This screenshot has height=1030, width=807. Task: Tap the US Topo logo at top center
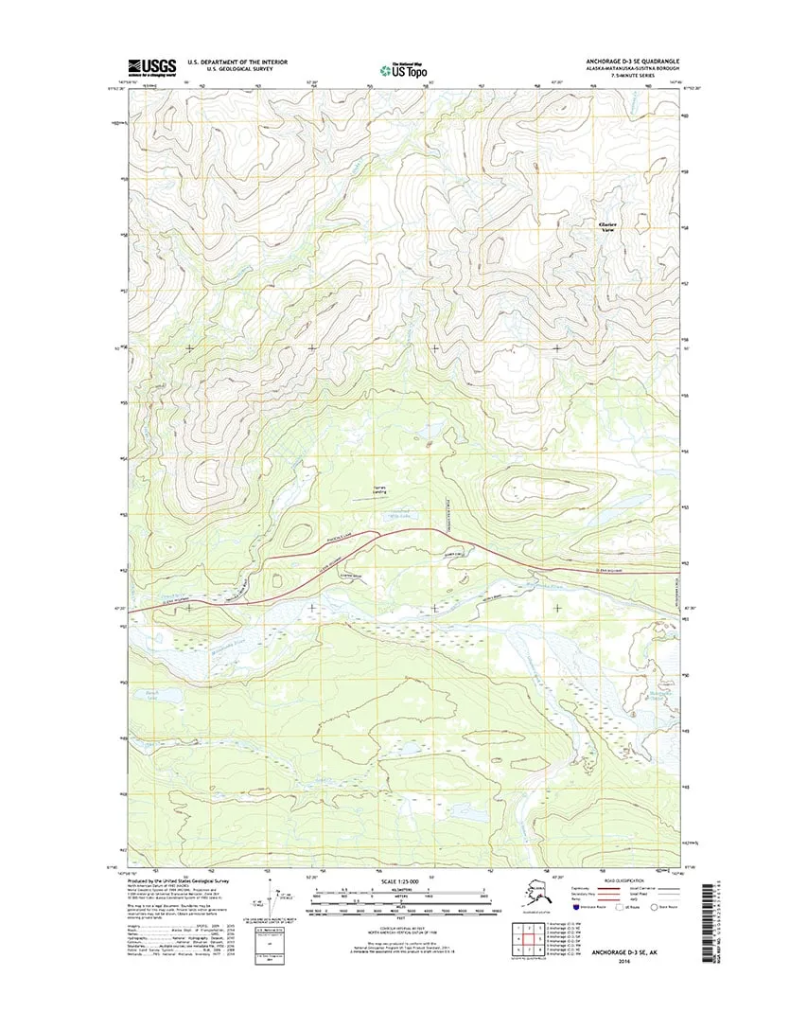click(x=403, y=68)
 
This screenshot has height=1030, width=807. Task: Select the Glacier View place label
click(x=609, y=226)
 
